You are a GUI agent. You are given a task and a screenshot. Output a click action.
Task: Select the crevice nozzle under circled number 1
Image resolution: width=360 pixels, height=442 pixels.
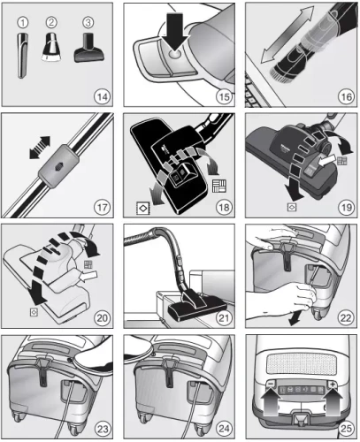coord(23,50)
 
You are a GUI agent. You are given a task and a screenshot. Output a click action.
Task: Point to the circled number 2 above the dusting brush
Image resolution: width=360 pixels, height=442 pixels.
coord(52,19)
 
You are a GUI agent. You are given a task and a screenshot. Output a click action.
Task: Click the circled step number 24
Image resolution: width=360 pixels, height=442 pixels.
coord(223,428)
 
